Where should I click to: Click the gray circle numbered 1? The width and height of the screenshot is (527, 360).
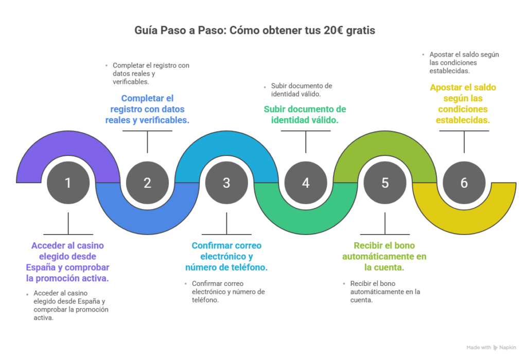tap(68, 183)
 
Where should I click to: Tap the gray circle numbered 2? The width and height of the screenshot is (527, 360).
tap(147, 183)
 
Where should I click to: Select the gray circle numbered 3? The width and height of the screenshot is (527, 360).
tap(226, 183)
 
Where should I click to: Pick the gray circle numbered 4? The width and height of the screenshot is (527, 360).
tap(306, 183)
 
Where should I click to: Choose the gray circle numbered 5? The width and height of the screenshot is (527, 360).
tap(385, 183)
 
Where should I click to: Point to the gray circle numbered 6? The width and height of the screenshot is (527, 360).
tap(464, 183)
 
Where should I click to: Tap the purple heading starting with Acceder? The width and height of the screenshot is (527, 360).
tap(68, 262)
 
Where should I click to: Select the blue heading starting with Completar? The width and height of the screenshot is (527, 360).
tap(147, 109)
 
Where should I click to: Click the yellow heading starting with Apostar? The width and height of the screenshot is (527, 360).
tap(463, 103)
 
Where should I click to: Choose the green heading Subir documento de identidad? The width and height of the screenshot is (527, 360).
tap(305, 115)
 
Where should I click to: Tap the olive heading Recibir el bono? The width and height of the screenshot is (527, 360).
tap(384, 256)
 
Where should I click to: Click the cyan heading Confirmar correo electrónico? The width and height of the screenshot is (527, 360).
tap(226, 256)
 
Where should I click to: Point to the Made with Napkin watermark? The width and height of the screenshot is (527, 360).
tap(491, 347)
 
